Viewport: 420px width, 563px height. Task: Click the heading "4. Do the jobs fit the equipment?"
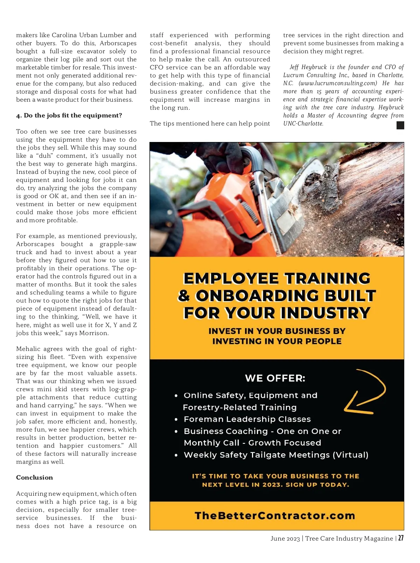tap(69, 116)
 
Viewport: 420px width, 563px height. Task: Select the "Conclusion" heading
tap(34, 477)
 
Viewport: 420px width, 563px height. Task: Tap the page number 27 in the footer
tap(401, 538)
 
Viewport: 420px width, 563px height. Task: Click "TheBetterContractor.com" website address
tap(275, 516)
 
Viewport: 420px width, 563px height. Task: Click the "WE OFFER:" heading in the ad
tap(275, 378)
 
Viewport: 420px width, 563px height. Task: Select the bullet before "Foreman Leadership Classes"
tap(176, 420)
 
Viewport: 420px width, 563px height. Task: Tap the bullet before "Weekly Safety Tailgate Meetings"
tap(176, 455)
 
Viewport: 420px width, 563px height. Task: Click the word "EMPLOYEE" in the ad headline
tap(231, 279)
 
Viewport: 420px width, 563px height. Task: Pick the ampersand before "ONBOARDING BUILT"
tap(184, 296)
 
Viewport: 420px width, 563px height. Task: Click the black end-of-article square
tap(400, 125)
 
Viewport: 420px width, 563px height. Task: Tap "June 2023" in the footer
tap(285, 538)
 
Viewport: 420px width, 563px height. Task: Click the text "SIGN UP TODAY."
tap(317, 485)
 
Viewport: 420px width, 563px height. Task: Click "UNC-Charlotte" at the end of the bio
tap(303, 124)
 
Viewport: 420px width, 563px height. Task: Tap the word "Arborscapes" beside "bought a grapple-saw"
tap(35, 244)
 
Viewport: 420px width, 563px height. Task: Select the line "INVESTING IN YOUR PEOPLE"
tap(277, 341)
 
